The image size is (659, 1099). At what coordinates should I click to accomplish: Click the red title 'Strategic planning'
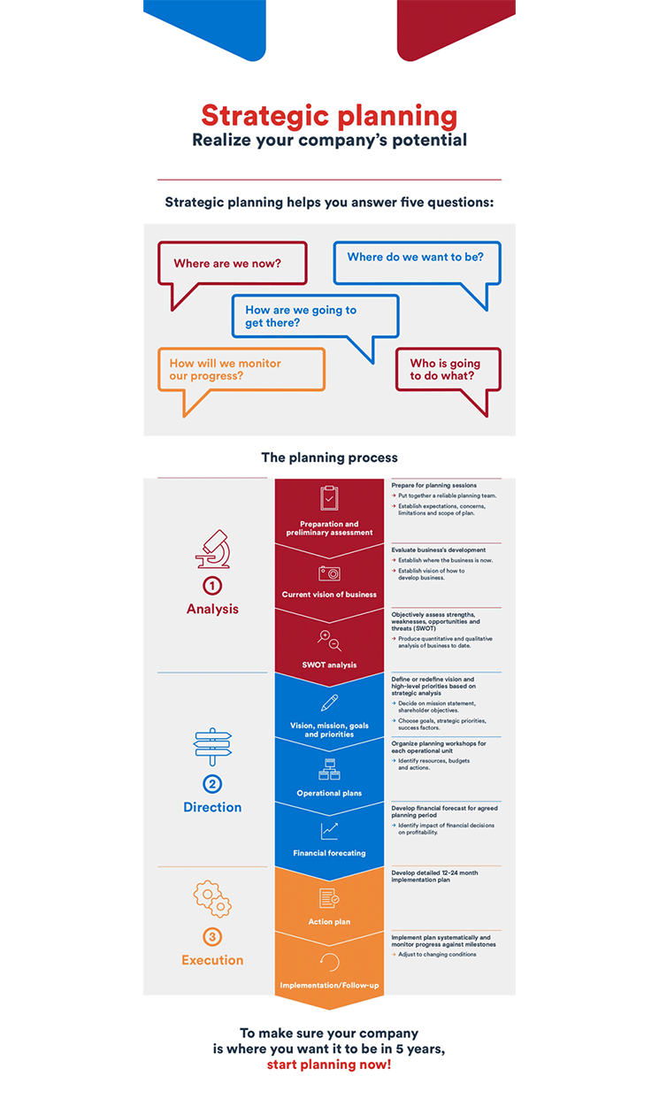(x=329, y=116)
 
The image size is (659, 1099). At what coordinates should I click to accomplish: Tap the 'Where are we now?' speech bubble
(x=232, y=264)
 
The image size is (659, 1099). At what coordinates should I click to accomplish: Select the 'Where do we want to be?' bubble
(x=417, y=263)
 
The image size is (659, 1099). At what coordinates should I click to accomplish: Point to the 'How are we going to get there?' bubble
(x=315, y=317)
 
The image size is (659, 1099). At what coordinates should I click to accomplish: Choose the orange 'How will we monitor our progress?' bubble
(x=241, y=370)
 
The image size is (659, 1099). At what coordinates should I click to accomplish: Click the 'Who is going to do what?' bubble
(x=448, y=370)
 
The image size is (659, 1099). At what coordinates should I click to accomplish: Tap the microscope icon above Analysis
(x=213, y=549)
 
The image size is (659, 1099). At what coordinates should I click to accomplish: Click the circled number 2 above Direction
(x=212, y=784)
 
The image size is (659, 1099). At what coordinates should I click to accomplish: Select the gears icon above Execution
(x=212, y=899)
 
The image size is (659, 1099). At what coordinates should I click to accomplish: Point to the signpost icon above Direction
(x=212, y=747)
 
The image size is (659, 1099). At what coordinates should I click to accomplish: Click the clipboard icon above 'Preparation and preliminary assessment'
(x=329, y=498)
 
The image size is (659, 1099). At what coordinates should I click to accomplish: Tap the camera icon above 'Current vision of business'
(x=329, y=573)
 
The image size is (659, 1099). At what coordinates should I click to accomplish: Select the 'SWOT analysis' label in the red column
(x=329, y=665)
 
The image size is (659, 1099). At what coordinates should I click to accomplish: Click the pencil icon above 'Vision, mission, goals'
(x=329, y=703)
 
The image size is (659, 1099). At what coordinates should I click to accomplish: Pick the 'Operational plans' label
(x=329, y=793)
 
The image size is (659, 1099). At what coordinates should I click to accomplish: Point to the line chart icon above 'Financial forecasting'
(x=329, y=831)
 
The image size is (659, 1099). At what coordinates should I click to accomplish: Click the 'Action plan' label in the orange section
(x=329, y=921)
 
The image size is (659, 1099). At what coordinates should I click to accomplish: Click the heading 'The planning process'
(x=329, y=457)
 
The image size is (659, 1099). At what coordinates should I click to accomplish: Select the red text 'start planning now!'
(x=329, y=1064)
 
